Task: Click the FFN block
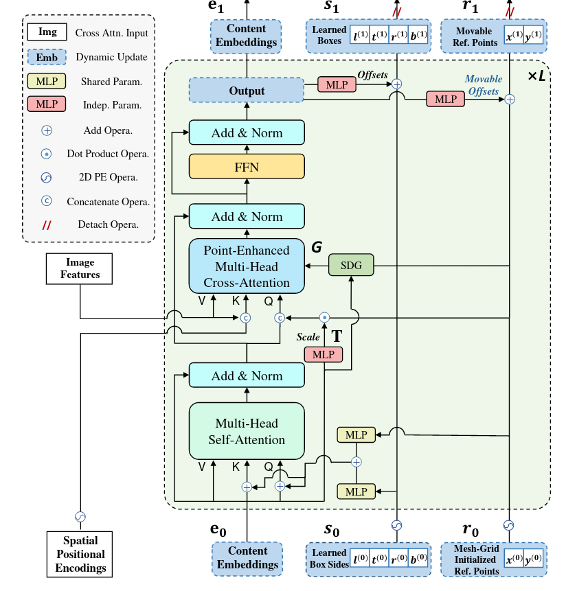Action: coord(247,166)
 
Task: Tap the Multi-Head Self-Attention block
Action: coord(247,431)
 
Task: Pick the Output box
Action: coord(247,91)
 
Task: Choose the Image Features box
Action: coord(80,268)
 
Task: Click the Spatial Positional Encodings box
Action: coord(80,554)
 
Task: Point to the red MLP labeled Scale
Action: coord(324,354)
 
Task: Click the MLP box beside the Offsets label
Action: coord(337,84)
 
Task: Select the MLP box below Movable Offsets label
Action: coord(446,99)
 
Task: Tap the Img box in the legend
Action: coord(47,32)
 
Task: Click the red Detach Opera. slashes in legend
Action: coord(47,224)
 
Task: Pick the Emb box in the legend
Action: coord(47,57)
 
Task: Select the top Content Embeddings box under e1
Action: coord(247,36)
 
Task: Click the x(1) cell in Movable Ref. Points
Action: coord(513,36)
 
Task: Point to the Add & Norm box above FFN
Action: coord(247,132)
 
